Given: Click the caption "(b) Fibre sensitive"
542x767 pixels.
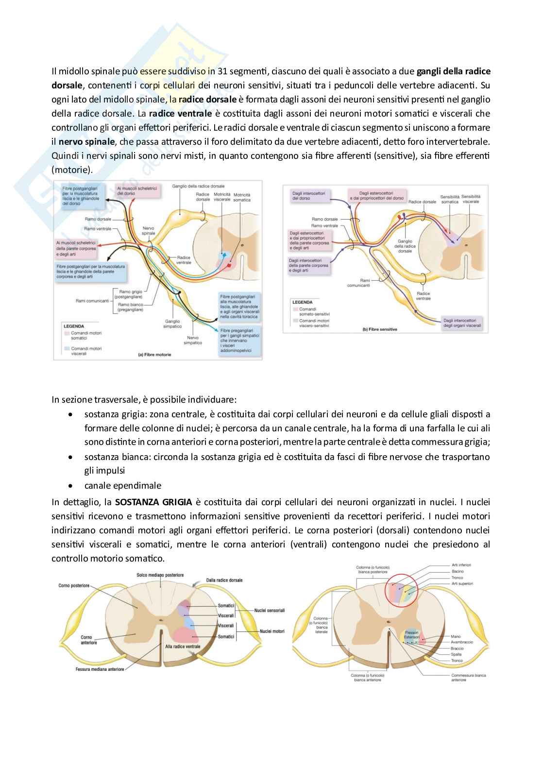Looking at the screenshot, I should point(380,329).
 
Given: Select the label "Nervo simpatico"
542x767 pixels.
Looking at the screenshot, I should point(193,340).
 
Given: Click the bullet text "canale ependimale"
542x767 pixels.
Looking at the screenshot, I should point(123,485).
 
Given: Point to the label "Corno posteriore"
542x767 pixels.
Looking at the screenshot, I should point(74,585).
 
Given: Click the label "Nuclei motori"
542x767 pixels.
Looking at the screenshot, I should point(272,632).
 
